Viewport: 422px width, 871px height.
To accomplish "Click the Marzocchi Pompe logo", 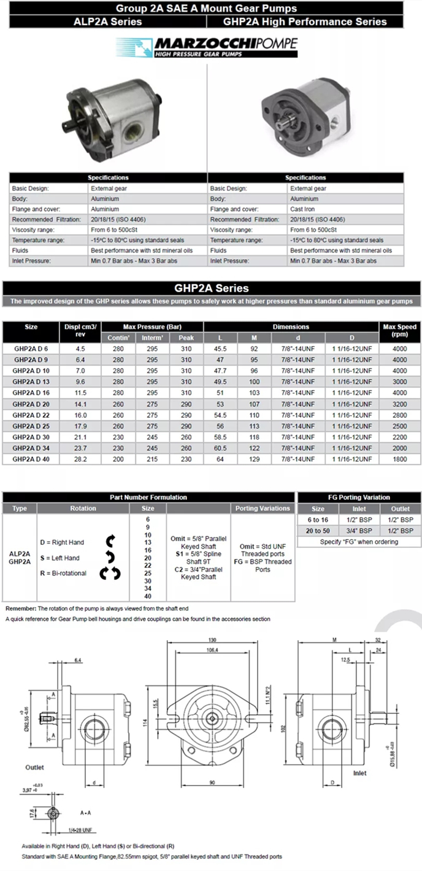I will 207,47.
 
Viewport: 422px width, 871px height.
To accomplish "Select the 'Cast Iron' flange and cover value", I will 304,209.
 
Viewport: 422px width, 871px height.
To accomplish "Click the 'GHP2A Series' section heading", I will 211,288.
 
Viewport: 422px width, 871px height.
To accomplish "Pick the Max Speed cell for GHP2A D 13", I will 399,381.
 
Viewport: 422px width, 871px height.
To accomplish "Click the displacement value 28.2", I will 80,459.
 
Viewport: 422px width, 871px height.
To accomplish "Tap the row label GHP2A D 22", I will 31,415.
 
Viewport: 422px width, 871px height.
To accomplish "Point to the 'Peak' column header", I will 186,338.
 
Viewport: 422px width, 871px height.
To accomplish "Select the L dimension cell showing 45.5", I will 220,348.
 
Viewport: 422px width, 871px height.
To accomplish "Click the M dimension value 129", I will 254,459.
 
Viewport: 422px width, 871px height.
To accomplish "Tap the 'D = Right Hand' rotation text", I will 62,542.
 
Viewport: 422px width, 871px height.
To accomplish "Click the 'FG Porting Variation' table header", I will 359,497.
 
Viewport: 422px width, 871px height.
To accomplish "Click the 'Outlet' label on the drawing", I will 34,767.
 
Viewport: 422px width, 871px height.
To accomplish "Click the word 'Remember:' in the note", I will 21,608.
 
